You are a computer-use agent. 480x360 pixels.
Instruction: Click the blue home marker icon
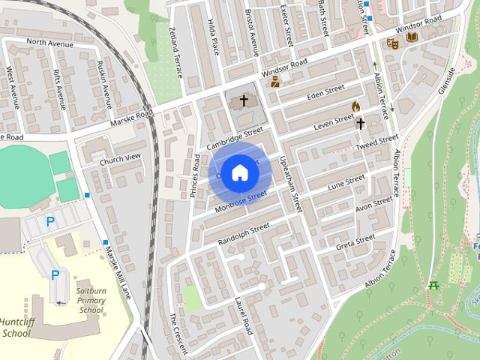[x=239, y=172]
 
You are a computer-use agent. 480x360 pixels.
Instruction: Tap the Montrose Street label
[x=241, y=201]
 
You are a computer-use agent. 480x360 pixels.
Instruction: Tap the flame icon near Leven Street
[x=355, y=106]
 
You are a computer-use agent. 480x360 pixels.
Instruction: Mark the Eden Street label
[x=326, y=93]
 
